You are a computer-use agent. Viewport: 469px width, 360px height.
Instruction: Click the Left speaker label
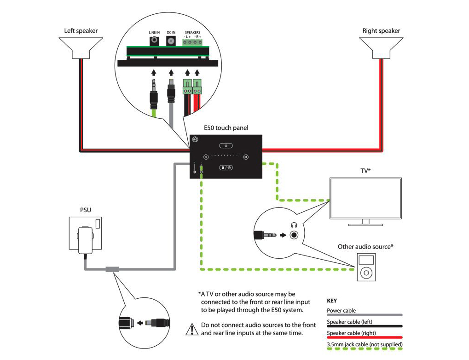tap(81, 31)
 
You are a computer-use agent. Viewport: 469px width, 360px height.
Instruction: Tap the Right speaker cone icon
tap(381, 47)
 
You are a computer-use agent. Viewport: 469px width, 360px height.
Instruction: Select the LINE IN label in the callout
tap(154, 33)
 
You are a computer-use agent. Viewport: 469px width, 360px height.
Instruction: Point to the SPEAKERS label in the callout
tap(192, 32)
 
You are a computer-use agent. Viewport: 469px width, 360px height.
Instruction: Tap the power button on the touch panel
tap(226, 145)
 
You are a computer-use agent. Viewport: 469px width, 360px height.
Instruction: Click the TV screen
tap(365, 197)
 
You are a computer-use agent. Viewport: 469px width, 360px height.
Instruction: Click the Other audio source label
tap(365, 247)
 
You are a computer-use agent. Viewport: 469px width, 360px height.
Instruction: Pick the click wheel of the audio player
tap(365, 273)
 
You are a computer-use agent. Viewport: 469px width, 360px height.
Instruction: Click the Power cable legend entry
tap(342, 310)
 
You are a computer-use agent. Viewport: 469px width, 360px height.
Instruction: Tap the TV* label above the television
tap(365, 170)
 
